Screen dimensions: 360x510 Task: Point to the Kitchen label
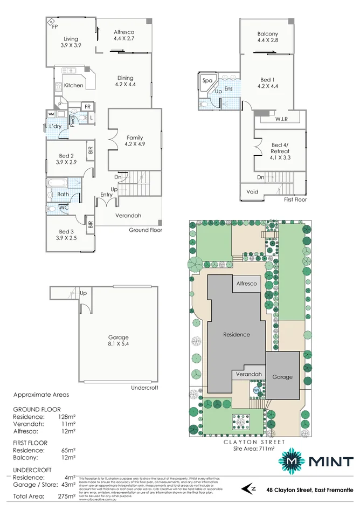tap(74, 85)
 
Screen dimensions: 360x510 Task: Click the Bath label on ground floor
tap(63, 194)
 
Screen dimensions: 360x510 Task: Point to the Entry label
tap(106, 195)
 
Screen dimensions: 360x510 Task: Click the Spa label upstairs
tap(207, 80)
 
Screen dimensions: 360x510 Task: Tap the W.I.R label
tap(281, 119)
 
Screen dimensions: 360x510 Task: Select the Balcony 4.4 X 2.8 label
tap(267, 37)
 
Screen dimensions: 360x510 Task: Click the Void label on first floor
tap(252, 191)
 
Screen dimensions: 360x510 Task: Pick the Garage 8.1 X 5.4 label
tap(119, 340)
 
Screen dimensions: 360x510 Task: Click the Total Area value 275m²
tap(66, 495)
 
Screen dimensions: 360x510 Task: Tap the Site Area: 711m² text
tap(254, 448)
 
